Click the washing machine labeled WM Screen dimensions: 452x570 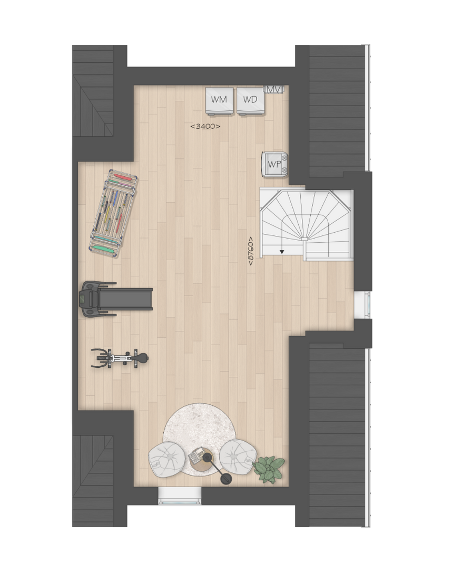click(x=220, y=101)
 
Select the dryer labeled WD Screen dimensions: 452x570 click(x=250, y=101)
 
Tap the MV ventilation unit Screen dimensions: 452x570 click(x=274, y=89)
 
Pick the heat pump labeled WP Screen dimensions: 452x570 click(x=274, y=164)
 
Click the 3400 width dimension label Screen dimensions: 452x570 click(x=205, y=127)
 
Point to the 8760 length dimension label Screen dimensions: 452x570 click(x=251, y=251)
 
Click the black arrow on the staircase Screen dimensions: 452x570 click(x=282, y=252)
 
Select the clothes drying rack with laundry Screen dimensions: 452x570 click(x=114, y=213)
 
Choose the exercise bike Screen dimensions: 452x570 click(x=120, y=358)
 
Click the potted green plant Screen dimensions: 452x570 click(x=269, y=469)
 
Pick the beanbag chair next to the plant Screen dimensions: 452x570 click(x=237, y=457)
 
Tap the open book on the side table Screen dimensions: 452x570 click(x=197, y=455)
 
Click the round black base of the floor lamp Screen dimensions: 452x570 click(x=227, y=479)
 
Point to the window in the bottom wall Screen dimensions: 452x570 click(x=180, y=496)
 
